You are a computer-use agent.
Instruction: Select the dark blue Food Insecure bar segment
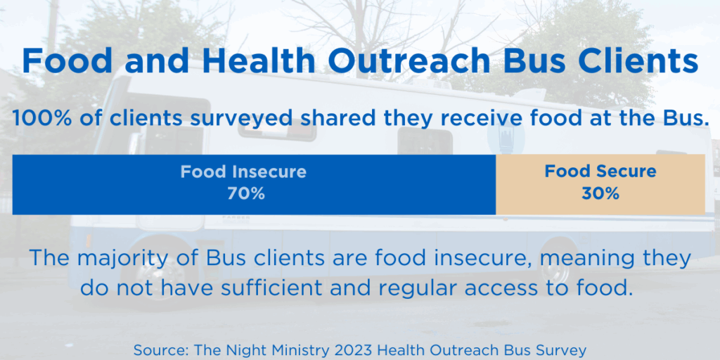tap(254, 185)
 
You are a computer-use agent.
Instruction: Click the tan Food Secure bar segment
tap(600, 185)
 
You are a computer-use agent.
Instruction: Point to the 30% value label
tap(600, 194)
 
